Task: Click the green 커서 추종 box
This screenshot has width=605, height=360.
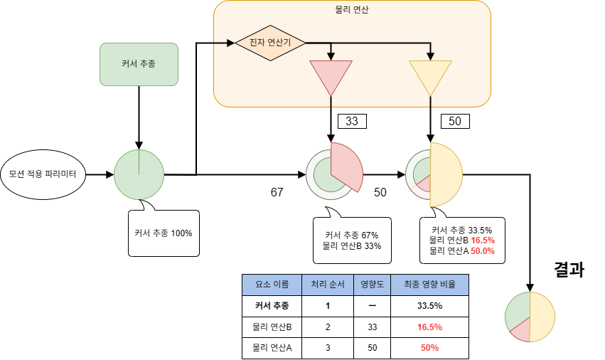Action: [x=139, y=64]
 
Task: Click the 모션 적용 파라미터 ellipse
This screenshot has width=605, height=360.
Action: [x=43, y=174]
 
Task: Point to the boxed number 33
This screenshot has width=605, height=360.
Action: [x=352, y=121]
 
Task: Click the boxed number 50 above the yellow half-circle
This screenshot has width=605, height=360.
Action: [x=455, y=121]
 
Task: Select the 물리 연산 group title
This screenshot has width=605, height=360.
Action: [x=352, y=10]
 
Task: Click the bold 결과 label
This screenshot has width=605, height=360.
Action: [x=569, y=270]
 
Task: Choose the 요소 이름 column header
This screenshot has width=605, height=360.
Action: [x=272, y=284]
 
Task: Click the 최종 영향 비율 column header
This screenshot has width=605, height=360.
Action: [x=429, y=284]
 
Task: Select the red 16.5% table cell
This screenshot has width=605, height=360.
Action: [x=429, y=327]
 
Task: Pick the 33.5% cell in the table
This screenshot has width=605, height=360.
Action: [x=429, y=305]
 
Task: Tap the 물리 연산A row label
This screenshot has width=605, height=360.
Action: [x=272, y=348]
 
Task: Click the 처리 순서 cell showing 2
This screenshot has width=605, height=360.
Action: [x=328, y=327]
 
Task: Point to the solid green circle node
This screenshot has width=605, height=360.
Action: [x=139, y=174]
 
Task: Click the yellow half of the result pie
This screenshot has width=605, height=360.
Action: [x=542, y=317]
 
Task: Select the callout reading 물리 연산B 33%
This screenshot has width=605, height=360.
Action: [x=352, y=240]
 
